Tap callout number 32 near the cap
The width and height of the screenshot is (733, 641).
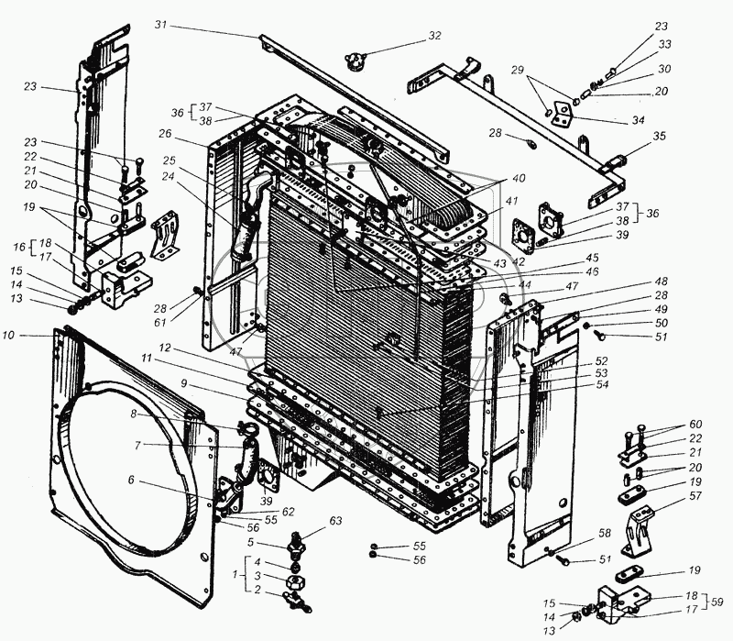click(433, 36)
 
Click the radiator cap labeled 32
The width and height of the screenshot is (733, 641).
click(353, 61)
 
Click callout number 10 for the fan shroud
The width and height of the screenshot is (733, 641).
click(33, 337)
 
